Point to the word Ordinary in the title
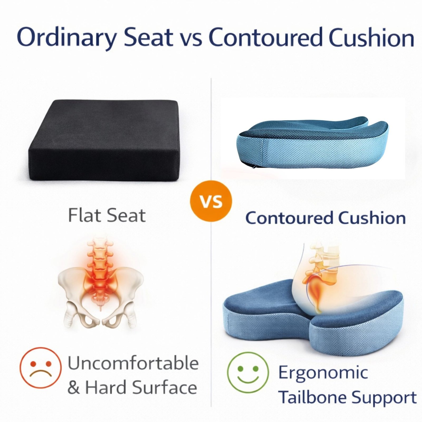click(66, 37)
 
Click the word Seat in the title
click(148, 37)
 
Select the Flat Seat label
click(107, 215)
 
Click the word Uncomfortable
click(133, 363)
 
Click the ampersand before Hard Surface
click(74, 388)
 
